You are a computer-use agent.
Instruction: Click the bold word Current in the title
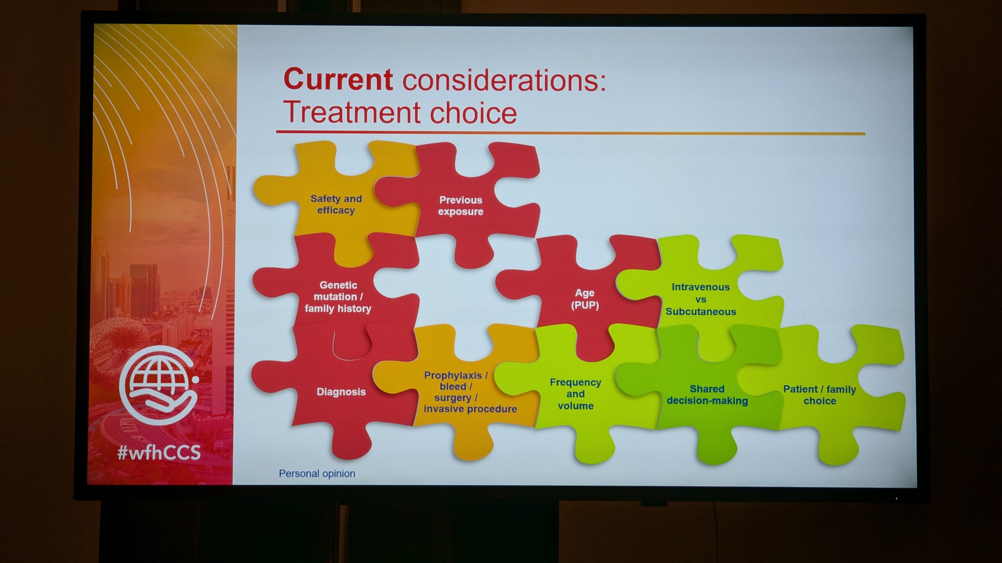338,79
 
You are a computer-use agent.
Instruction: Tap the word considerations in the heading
505,80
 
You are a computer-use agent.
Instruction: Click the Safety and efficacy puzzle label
336,204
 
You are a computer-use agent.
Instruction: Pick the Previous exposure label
461,206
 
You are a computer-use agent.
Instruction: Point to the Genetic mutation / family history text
338,297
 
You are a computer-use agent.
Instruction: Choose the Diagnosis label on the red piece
341,392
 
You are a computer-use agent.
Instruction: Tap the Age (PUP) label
585,299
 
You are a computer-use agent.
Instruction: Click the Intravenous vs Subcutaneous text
701,299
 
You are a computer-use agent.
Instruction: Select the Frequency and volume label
575,394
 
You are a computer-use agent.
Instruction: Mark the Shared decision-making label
707,395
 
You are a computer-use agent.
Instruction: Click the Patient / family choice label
820,395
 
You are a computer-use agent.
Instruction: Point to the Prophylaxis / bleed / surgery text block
470,392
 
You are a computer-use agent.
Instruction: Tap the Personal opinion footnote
317,473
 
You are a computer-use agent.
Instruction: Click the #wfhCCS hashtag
159,452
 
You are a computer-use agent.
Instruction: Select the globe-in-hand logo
159,385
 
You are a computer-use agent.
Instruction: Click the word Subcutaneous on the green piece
701,312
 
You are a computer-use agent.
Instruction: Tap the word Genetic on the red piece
338,285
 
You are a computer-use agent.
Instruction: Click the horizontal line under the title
570,133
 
